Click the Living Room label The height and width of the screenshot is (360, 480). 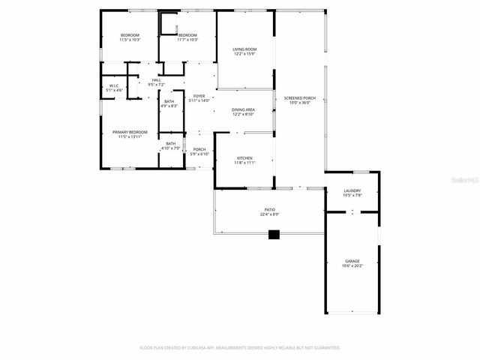point(244,49)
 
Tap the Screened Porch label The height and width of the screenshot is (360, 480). point(299,98)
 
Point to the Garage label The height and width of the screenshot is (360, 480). point(352,261)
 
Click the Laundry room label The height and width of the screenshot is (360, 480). point(352,190)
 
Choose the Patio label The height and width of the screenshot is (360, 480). point(269,209)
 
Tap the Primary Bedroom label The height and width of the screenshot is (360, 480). point(130,132)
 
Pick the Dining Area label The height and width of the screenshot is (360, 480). point(244,109)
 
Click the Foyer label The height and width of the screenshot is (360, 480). point(199,96)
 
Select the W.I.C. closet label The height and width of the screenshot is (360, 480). point(114,85)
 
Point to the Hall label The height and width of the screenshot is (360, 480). point(156,80)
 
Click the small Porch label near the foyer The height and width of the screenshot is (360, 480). point(199,149)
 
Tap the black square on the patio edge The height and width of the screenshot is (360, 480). point(274,235)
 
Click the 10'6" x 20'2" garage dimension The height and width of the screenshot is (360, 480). point(352,266)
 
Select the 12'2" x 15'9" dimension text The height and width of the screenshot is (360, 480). point(244,54)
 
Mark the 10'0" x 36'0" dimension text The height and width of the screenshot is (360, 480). point(299,103)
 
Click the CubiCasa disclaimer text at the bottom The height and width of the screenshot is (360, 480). point(240,347)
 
